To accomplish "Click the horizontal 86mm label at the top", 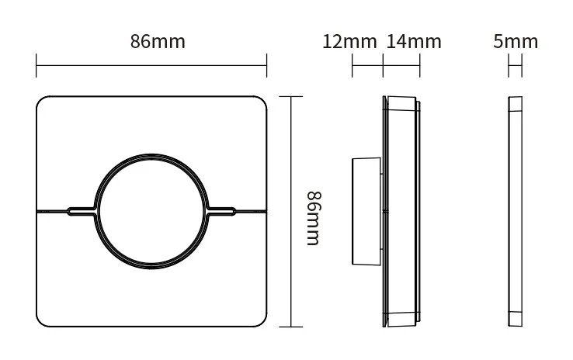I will pos(158,42).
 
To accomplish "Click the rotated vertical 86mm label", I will pos(312,218).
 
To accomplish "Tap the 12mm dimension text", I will pos(349,42).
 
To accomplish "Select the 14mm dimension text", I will pos(413,42).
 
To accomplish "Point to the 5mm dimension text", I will pos(516,42).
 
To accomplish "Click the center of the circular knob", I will pos(151,210).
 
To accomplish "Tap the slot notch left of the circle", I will pos(81,210).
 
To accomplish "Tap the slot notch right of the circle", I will pos(223,210).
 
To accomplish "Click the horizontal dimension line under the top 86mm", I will pos(151,66).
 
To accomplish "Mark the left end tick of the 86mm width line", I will pos(36,66).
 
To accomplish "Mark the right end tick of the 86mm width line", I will pos(266,66).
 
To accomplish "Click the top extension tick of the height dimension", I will pos(291,96).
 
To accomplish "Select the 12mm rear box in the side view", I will pos(366,210).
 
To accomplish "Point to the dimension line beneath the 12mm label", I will pos(367,66).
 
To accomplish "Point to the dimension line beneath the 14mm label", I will pos(401,66).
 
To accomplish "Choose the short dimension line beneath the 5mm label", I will pos(516,66).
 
